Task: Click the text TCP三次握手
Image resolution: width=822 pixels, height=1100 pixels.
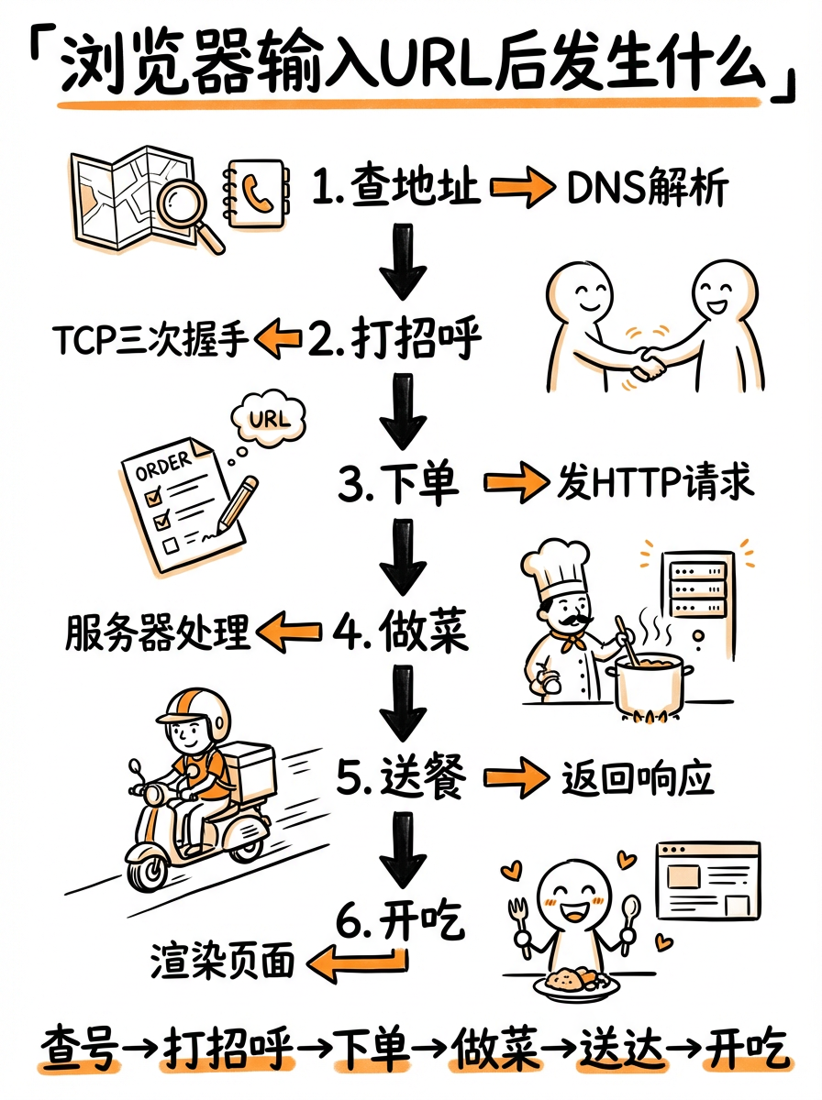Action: [150, 340]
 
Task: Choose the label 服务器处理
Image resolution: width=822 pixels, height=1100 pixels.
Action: [157, 632]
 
